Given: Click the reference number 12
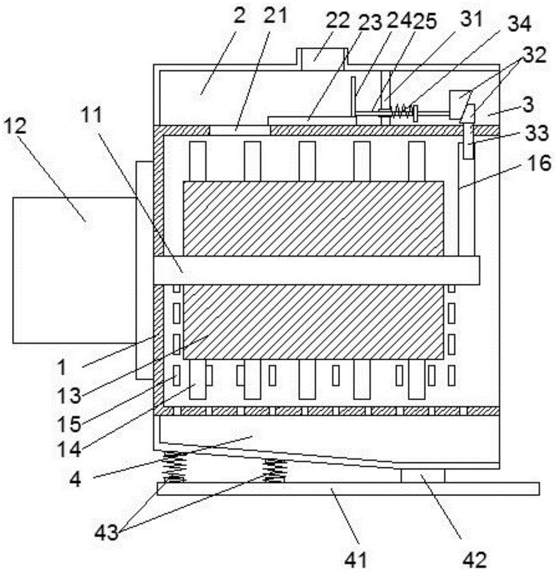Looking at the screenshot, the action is [15, 126].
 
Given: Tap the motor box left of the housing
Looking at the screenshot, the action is [74, 270].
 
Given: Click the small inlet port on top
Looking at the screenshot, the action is [322, 57].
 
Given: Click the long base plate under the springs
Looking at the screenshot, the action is [348, 488].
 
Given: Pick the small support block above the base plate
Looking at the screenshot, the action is [423, 475].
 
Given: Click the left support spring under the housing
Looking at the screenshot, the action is [175, 467].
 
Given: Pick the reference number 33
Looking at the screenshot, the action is [537, 133].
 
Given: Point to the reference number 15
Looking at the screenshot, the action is [69, 423].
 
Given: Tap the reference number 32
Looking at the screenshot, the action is [534, 55].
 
